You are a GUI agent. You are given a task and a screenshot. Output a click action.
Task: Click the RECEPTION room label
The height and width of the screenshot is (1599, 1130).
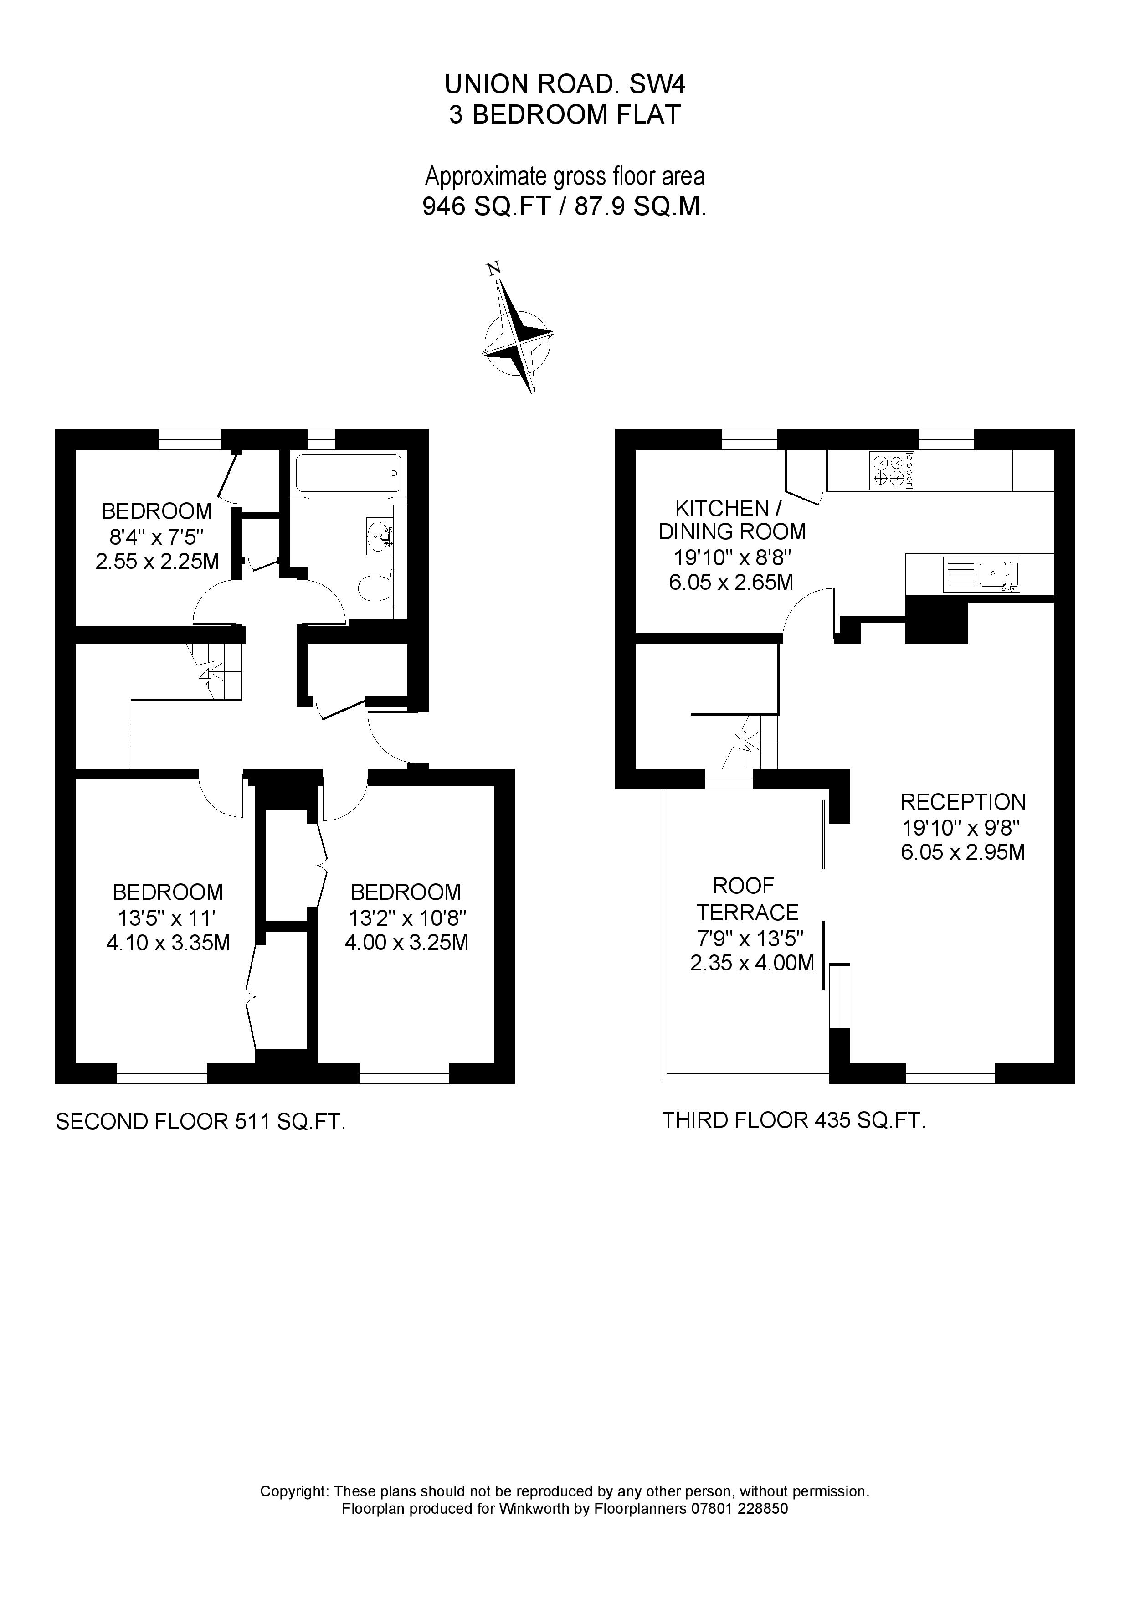[963, 802]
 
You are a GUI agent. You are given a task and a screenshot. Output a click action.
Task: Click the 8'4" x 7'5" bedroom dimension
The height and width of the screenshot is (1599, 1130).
[157, 536]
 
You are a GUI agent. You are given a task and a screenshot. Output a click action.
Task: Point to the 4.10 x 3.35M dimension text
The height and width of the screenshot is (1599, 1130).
[168, 942]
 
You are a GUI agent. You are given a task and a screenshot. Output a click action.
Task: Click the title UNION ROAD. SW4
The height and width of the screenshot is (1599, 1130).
[565, 84]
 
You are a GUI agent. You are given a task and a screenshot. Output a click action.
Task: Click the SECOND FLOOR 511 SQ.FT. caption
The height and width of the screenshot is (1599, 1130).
[200, 1121]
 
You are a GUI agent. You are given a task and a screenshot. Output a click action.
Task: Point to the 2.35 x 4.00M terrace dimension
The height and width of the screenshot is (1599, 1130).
[752, 963]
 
